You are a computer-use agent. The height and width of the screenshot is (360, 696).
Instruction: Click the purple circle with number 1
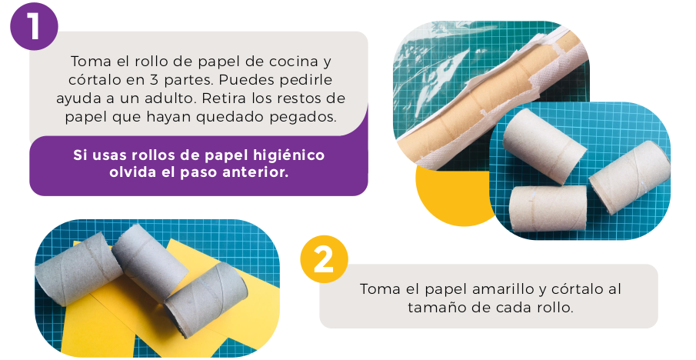(x=34, y=26)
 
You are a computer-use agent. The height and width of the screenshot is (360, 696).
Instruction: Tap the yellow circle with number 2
(x=324, y=259)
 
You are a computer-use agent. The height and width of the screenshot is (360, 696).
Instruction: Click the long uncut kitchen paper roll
(x=488, y=103)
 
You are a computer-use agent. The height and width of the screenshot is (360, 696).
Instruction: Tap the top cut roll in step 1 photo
(x=544, y=145)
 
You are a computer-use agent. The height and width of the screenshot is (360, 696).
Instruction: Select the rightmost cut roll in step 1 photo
(x=629, y=176)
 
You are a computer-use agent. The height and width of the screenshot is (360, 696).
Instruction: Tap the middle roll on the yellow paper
(x=149, y=262)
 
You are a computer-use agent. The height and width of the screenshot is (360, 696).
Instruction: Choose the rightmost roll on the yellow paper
(x=205, y=298)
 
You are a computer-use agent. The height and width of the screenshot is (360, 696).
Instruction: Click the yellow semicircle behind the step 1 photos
(x=454, y=195)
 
